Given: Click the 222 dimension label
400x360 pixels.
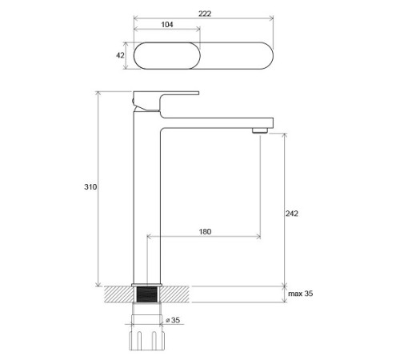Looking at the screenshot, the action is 205,14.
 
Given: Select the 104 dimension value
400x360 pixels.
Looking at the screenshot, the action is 167,25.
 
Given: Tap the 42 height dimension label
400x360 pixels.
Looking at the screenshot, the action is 120,55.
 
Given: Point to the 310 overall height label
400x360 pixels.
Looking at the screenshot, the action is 90,186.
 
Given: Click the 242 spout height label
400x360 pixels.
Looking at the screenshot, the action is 292,214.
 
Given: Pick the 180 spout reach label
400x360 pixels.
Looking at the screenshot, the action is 205,231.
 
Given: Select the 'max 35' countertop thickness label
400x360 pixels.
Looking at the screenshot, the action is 301,294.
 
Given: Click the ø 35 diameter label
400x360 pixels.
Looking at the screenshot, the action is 173,320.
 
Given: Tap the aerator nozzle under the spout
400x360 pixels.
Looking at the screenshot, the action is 260,130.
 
